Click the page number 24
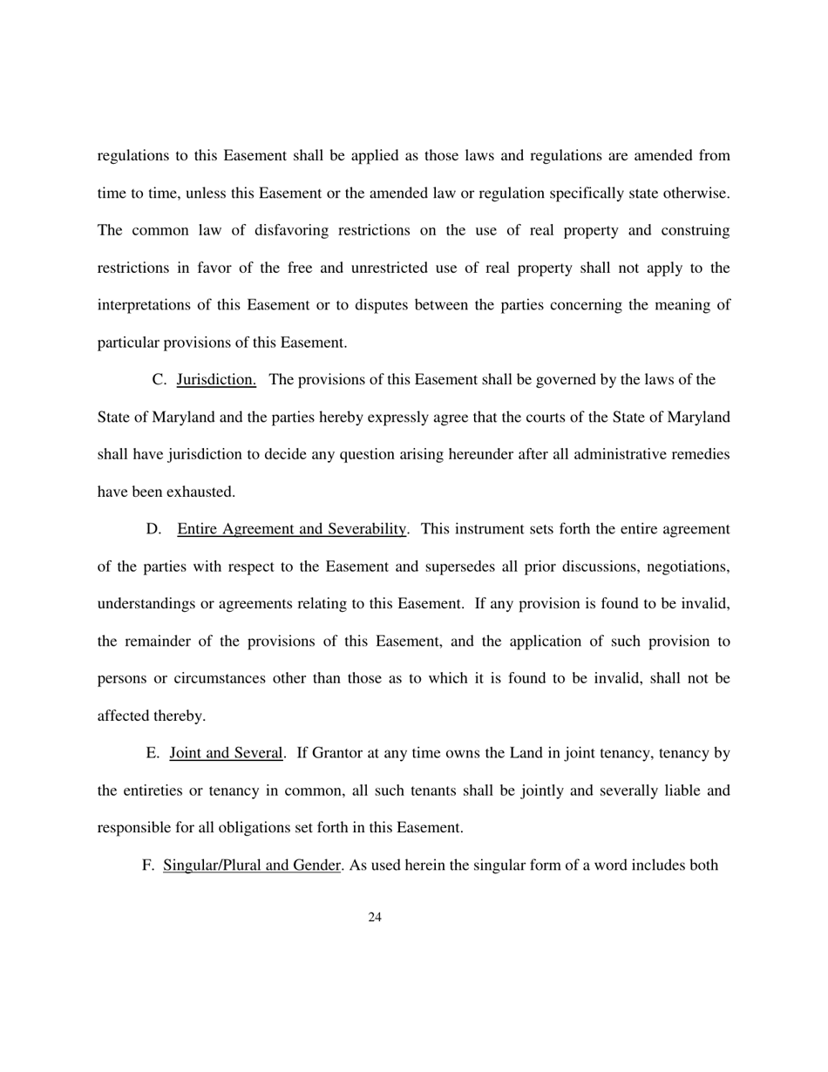376,916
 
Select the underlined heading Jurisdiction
216,379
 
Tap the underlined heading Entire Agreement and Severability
292,529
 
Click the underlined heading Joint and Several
227,753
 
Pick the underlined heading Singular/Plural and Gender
251,865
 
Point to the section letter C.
159,379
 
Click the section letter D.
153,529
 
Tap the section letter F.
147,865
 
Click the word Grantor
336,753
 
